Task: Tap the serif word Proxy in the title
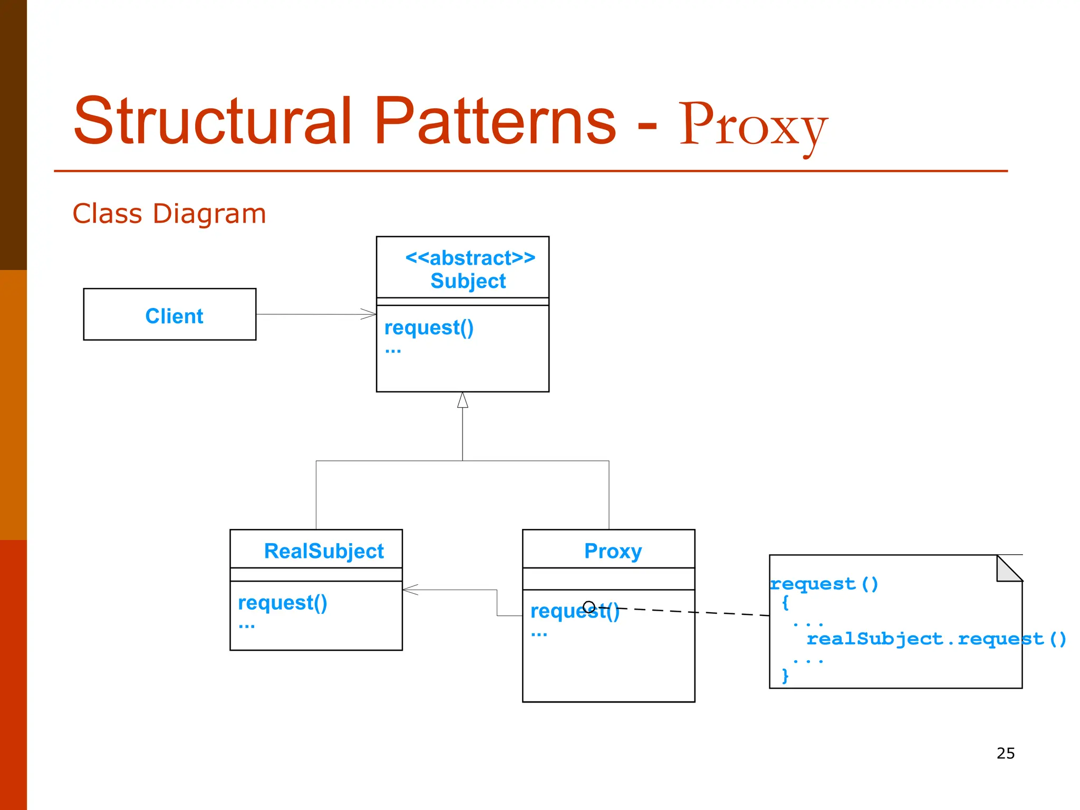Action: (753, 127)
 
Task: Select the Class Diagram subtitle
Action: (169, 214)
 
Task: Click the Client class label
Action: (174, 316)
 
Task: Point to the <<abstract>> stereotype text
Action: (470, 258)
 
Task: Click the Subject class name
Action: (468, 281)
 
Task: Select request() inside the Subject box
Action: (429, 327)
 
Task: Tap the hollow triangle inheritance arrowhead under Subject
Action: (462, 400)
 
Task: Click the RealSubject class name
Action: (323, 551)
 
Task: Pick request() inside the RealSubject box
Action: (283, 602)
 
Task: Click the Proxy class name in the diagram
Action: (613, 551)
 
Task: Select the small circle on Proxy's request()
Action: (589, 606)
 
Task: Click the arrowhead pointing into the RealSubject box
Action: (409, 590)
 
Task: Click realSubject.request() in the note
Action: (936, 639)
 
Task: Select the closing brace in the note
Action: (785, 676)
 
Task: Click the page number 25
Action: (1005, 753)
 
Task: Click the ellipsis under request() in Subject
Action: (393, 351)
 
